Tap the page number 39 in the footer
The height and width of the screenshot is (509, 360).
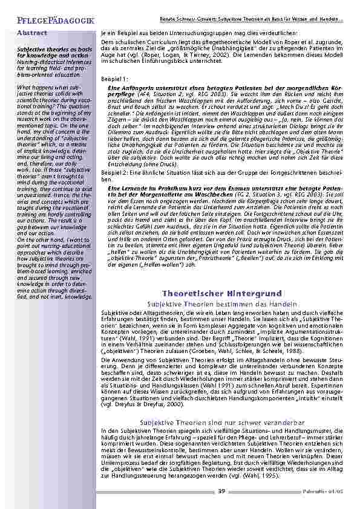[x=222, y=490]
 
